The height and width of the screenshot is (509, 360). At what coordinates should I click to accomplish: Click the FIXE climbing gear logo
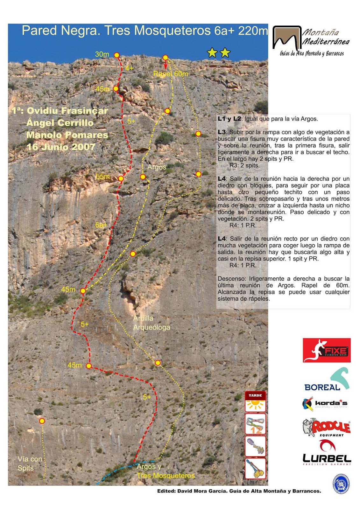(x=327, y=350)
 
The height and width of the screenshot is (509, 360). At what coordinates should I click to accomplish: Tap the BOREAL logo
(x=327, y=380)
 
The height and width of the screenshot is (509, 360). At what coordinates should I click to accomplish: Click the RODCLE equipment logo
(x=327, y=427)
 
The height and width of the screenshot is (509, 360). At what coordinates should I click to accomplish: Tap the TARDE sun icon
(x=255, y=401)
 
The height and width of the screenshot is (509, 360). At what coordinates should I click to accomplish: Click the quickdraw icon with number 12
(x=255, y=424)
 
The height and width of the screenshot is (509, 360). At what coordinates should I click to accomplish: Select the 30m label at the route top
(x=102, y=54)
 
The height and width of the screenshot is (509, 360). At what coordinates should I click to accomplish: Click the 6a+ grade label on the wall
(x=101, y=225)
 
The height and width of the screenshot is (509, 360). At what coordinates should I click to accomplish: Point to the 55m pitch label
(x=103, y=177)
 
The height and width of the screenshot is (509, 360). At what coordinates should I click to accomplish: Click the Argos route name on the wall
(x=157, y=167)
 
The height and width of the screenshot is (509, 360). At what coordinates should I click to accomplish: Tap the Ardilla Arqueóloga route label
(x=152, y=323)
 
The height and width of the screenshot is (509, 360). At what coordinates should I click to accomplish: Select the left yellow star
(x=212, y=52)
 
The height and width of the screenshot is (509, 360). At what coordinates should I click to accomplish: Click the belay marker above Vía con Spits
(x=42, y=421)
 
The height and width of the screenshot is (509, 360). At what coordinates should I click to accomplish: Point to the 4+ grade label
(x=129, y=68)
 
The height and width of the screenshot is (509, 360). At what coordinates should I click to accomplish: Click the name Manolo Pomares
(x=67, y=135)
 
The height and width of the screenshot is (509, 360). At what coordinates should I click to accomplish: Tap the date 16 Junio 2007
(x=61, y=147)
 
